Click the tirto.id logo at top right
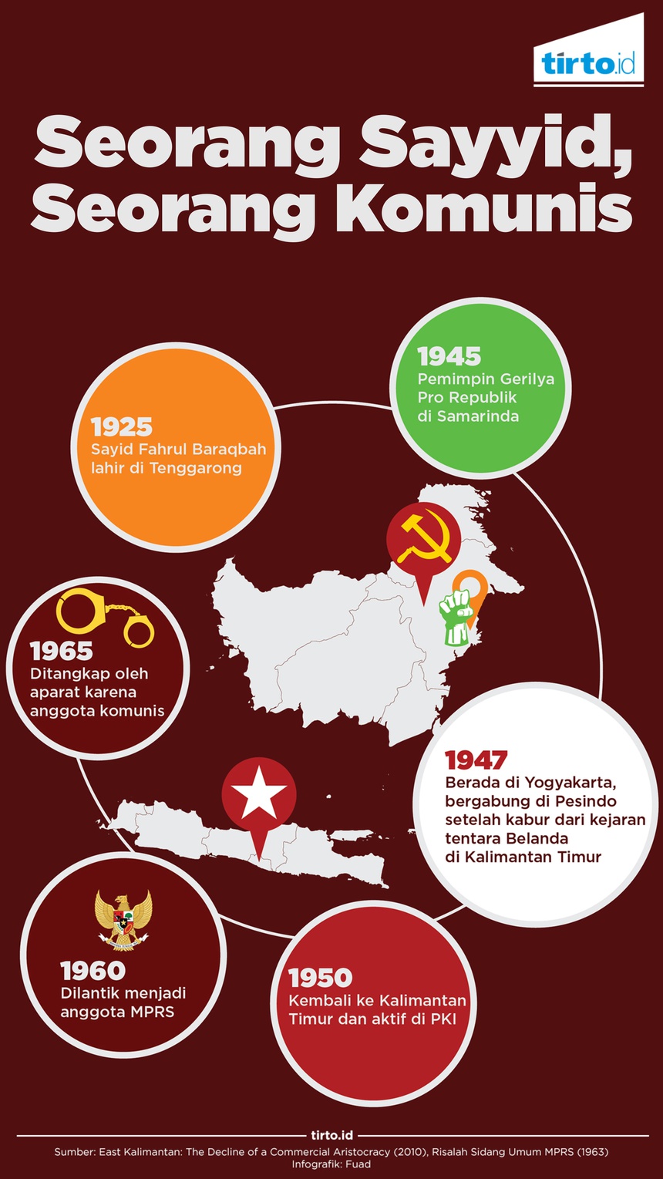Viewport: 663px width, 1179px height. [x=588, y=64]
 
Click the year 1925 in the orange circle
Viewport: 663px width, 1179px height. [x=122, y=427]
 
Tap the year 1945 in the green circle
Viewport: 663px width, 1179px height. [x=449, y=356]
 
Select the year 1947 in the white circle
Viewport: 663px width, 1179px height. [x=476, y=760]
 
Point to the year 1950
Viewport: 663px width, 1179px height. [x=320, y=978]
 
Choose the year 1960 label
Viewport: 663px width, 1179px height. [x=93, y=971]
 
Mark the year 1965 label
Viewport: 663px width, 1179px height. [x=62, y=652]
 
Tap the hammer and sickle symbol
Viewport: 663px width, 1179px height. [x=422, y=537]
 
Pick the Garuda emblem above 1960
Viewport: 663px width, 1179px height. [x=123, y=918]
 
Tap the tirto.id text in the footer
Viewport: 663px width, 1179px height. [x=331, y=1135]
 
